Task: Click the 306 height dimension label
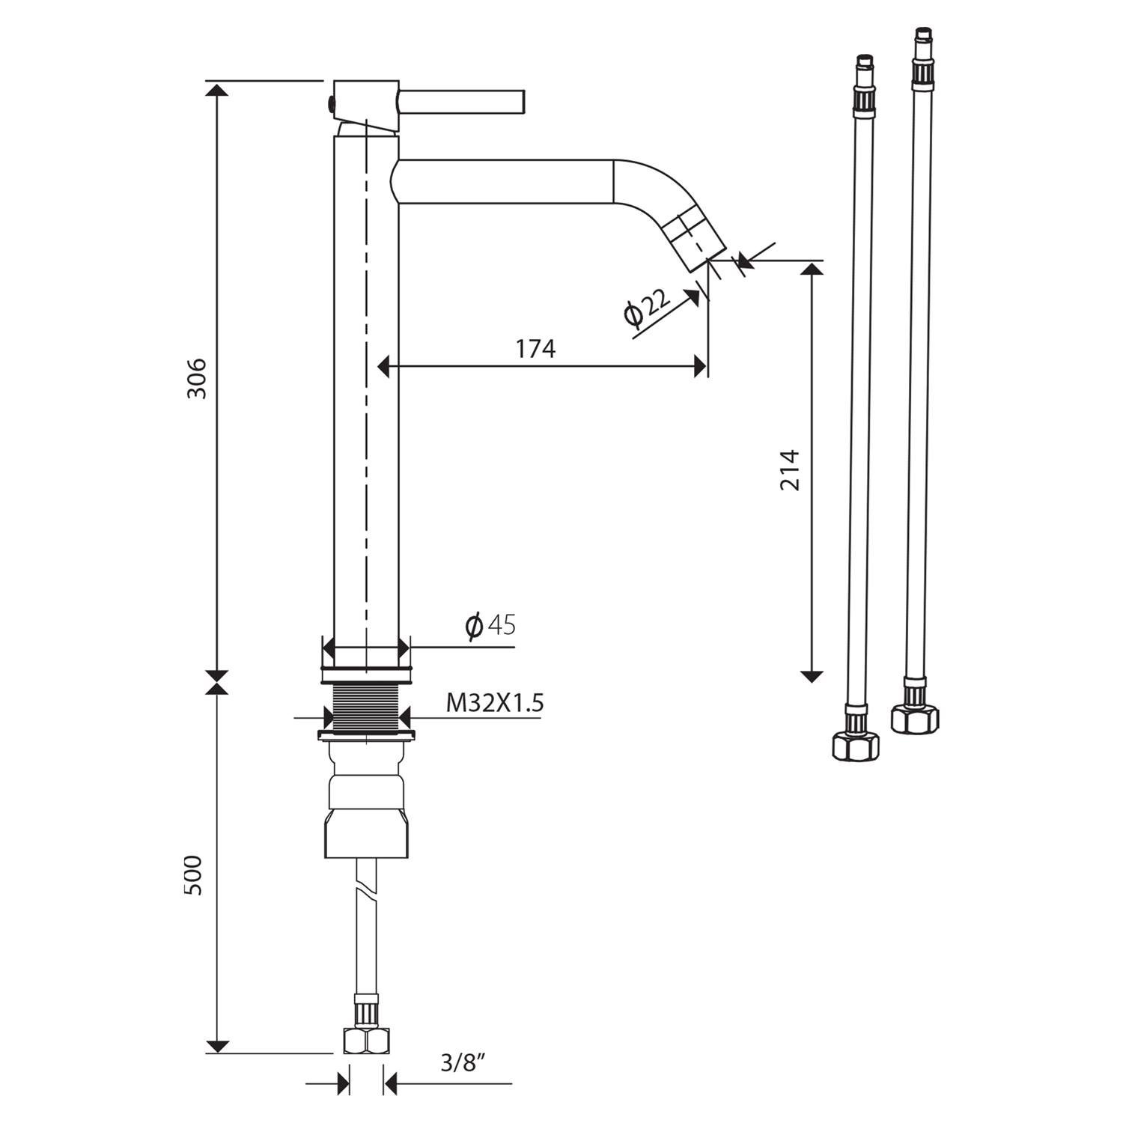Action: point(196,379)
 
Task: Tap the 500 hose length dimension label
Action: point(194,874)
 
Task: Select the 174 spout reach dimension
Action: point(535,349)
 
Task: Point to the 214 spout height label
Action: point(791,470)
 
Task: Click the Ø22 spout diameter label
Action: point(645,308)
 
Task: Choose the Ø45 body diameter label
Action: point(490,625)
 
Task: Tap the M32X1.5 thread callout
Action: point(495,703)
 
